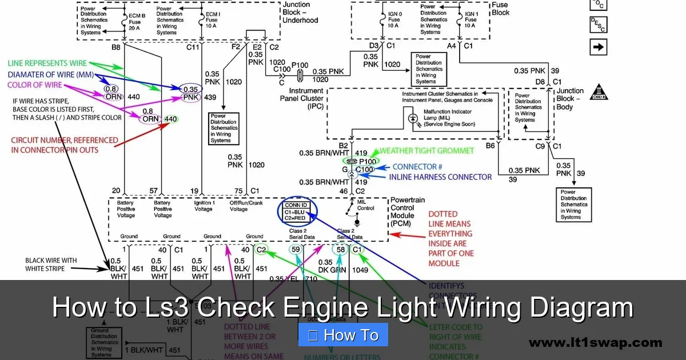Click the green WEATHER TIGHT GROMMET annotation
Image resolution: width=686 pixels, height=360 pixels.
427,151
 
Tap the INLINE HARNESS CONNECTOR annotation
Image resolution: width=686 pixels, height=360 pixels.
440,177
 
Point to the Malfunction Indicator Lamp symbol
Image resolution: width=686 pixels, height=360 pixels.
413,118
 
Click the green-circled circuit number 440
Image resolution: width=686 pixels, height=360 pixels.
171,119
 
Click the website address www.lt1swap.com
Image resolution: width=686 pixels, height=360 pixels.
595,343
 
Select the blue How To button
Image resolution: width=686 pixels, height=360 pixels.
343,335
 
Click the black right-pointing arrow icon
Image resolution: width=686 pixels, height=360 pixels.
598,47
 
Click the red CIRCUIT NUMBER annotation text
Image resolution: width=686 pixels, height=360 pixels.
65,145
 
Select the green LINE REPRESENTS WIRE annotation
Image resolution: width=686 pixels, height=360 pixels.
47,63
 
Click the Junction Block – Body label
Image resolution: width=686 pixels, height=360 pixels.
570,99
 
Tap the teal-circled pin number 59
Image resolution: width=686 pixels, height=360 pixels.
296,249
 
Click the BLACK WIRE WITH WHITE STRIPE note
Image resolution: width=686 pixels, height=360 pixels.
51,264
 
